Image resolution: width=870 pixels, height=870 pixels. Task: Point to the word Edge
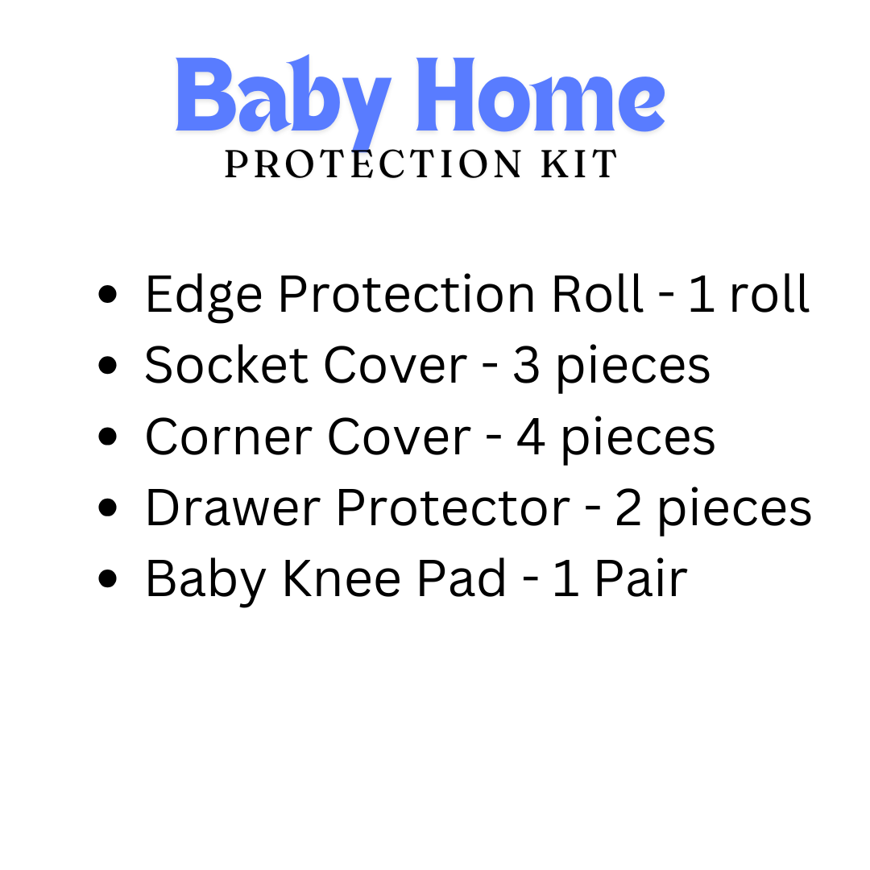coord(203,295)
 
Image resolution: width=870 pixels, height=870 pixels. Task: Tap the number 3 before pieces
coord(525,366)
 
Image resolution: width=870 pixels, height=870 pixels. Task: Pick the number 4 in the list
coord(531,437)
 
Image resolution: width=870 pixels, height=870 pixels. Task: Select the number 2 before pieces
coord(628,508)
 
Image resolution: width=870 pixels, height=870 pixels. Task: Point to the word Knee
coord(341,579)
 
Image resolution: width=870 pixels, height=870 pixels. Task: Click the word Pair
coord(640,579)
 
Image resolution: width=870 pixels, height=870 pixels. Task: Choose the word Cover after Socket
coord(395,366)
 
